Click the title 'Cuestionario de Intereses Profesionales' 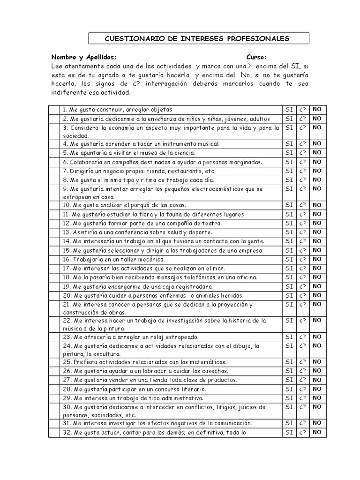pos(196,38)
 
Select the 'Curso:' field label pos(256,57)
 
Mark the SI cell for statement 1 pos(289,110)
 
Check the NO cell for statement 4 pos(317,144)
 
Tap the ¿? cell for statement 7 pos(303,171)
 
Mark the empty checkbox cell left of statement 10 pos(54,205)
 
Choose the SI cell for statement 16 pos(289,259)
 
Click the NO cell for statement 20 pos(317,295)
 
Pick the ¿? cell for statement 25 pos(303,362)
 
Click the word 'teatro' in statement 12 pos(211,224)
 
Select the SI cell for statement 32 pos(289,433)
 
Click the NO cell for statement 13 pos(317,232)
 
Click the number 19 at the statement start pos(66,286)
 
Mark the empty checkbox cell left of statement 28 pos(54,389)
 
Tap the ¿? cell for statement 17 pos(303,268)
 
